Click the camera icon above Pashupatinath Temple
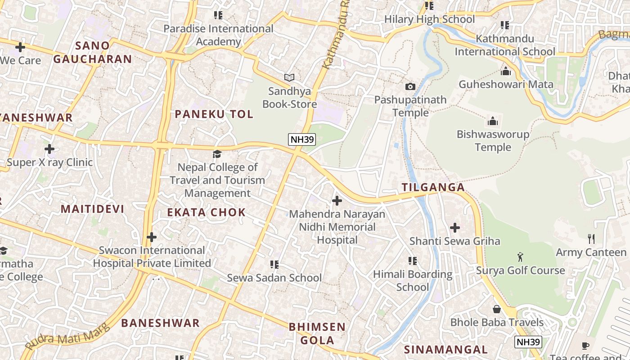tap(410, 86)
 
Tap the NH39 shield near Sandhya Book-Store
tap(301, 139)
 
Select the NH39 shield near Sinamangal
tap(528, 342)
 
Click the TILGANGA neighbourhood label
tap(433, 188)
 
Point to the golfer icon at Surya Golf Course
tap(521, 257)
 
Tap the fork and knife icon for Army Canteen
tap(591, 238)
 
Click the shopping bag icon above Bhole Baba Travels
tap(497, 309)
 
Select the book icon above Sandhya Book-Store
tap(289, 78)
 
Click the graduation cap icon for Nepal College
tap(217, 154)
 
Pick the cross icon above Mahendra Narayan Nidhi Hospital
tap(337, 201)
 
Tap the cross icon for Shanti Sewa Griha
tap(455, 228)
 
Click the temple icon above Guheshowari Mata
tap(506, 71)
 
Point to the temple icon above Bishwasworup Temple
tap(493, 121)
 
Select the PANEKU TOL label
tap(214, 114)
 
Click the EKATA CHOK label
tap(207, 212)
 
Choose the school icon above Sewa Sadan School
tap(274, 265)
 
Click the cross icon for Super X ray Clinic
tap(49, 149)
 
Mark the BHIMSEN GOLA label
tap(317, 333)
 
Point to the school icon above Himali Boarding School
tap(412, 261)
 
